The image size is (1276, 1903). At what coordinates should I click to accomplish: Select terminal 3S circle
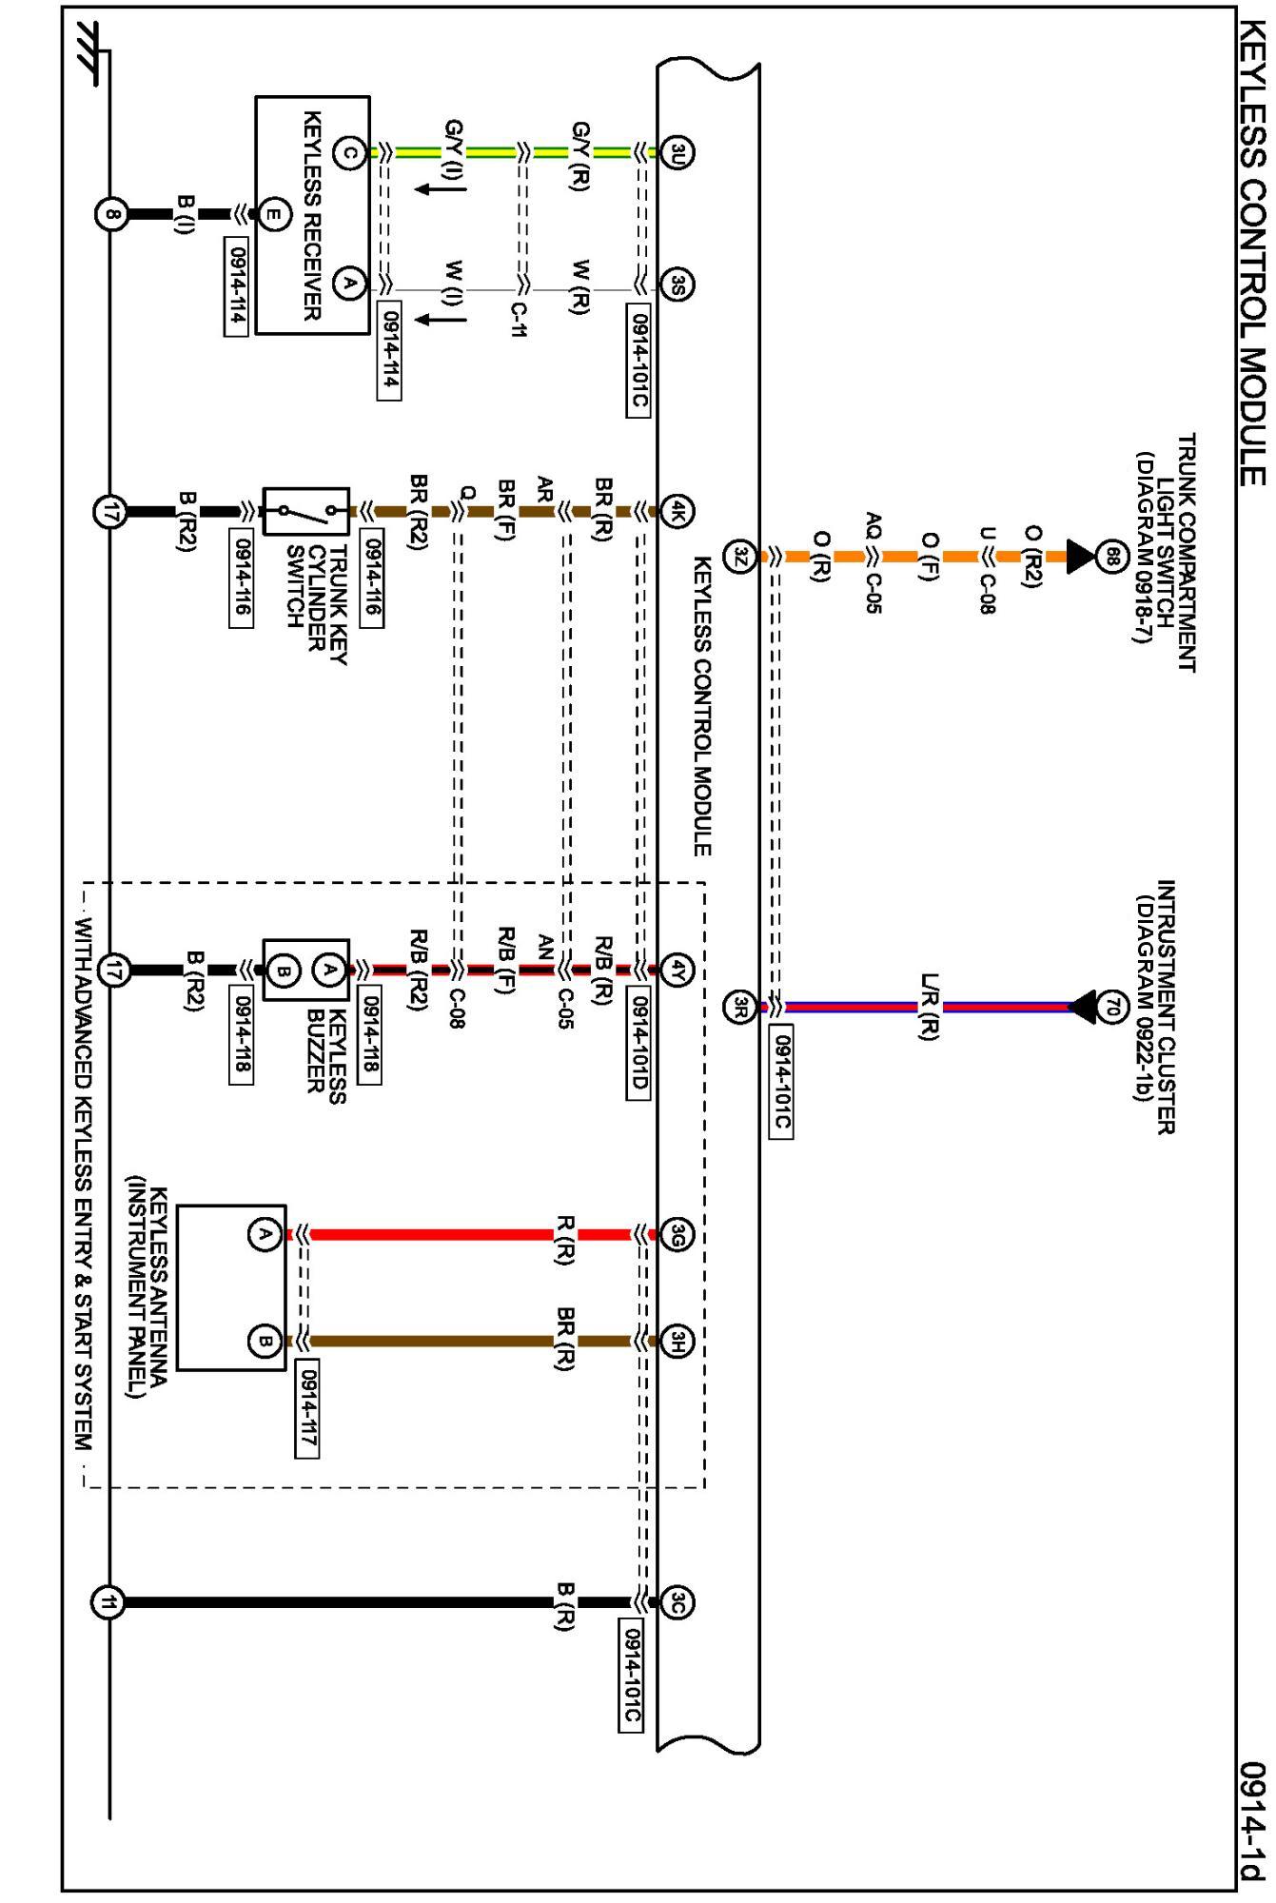[x=677, y=284]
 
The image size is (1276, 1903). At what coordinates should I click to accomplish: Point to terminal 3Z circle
[x=740, y=556]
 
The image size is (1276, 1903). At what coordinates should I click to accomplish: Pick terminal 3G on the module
[x=677, y=1235]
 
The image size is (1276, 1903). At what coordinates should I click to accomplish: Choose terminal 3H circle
[x=677, y=1342]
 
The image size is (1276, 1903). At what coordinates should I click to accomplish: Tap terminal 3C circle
[x=677, y=1603]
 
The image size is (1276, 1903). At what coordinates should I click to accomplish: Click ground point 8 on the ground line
[x=111, y=214]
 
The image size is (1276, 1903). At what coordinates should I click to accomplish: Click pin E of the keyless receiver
[x=273, y=214]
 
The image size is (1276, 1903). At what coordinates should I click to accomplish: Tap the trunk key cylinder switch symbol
[x=305, y=512]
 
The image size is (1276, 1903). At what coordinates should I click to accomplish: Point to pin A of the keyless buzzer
[x=329, y=971]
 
